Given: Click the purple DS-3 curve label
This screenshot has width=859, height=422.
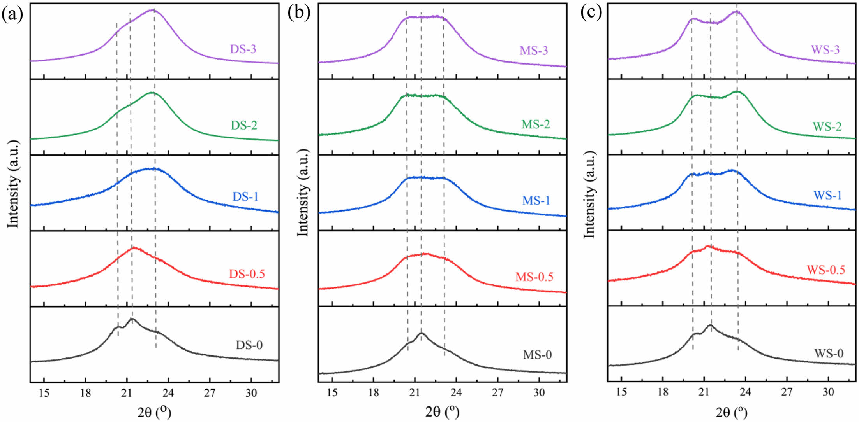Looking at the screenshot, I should [243, 49].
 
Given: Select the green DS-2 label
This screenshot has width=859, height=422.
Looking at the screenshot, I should [244, 125].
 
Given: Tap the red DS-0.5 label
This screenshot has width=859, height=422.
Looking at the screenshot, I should [247, 274].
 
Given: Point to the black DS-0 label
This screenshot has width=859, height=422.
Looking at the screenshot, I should [249, 345].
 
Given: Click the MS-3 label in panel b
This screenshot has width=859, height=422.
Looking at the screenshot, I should [534, 51].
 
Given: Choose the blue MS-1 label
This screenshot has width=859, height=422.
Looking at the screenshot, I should [536, 201].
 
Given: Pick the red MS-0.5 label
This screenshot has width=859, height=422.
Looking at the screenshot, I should [534, 277].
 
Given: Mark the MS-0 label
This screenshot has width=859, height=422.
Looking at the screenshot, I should [537, 355].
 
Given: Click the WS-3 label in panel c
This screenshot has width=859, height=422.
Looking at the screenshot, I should [825, 50].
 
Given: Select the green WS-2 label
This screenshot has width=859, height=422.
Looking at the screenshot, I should [827, 126].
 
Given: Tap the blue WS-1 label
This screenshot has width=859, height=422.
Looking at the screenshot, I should [827, 195].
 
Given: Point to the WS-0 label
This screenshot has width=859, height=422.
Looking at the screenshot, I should [829, 353].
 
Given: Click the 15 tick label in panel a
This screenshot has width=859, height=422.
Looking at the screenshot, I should [44, 393].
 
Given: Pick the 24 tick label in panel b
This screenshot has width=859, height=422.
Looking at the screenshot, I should [456, 392].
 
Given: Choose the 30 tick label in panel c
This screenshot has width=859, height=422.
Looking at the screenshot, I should [828, 392].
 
